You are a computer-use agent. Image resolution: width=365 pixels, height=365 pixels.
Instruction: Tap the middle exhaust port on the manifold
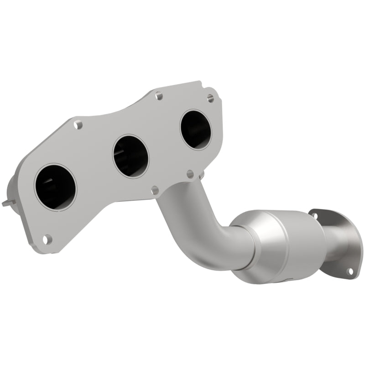[130, 156]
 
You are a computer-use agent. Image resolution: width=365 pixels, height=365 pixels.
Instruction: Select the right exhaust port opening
[196, 130]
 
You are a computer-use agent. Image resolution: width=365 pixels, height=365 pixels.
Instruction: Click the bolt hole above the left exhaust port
[78, 124]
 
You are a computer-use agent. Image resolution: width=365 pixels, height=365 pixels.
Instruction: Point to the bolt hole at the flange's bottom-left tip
[47, 238]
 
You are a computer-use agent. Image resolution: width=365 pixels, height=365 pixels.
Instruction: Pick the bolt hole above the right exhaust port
[210, 98]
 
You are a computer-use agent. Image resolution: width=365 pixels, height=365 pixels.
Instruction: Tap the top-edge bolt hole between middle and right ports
[158, 96]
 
